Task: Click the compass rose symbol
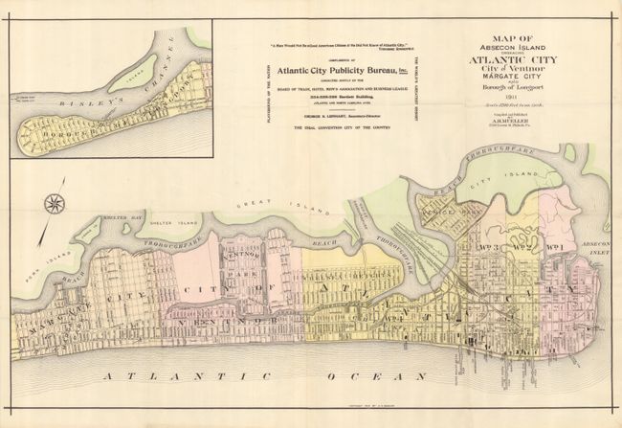click(55, 203)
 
